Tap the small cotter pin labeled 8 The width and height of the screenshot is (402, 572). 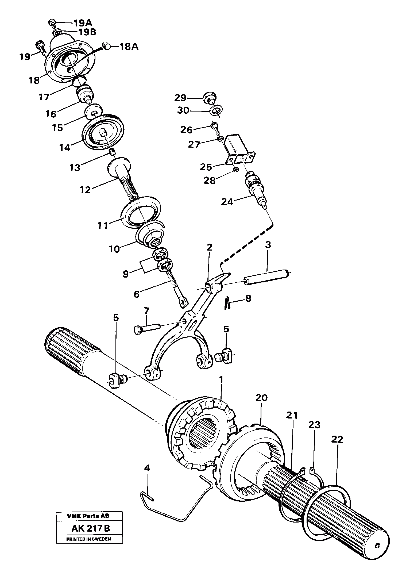click(227, 304)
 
